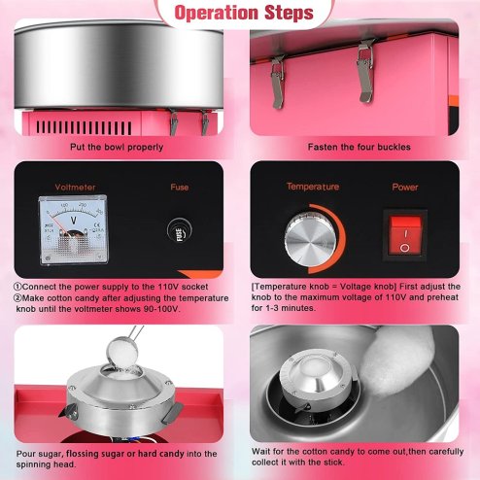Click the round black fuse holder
[x=181, y=234]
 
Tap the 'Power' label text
[x=404, y=185]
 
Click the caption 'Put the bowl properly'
[x=122, y=147]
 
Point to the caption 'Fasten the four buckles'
[x=359, y=147]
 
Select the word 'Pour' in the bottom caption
[x=25, y=454]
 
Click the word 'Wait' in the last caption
[x=262, y=454]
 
